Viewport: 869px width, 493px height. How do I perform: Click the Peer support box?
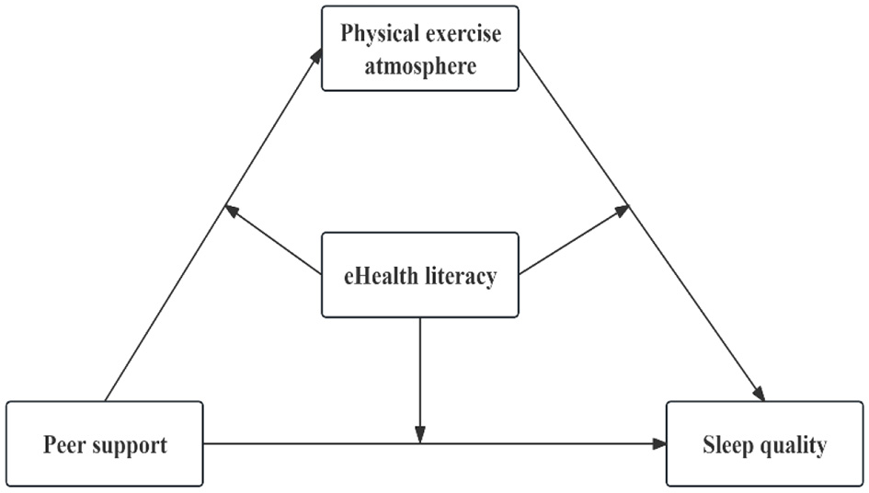point(105,443)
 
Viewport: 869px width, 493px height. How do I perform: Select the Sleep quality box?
point(764,443)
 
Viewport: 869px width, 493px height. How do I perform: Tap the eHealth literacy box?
point(419,275)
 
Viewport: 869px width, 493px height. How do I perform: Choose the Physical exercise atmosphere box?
point(419,48)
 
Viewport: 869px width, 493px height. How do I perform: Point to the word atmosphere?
point(419,65)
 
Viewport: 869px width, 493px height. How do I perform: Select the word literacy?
point(463,276)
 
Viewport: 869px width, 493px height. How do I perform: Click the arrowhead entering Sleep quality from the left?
point(659,443)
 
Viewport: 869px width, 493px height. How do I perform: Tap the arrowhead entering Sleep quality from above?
point(760,394)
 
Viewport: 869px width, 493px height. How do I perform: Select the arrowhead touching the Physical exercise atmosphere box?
point(318,54)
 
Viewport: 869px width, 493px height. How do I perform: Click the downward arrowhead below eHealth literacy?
point(420,435)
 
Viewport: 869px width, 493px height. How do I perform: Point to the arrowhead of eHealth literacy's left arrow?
point(232,210)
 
